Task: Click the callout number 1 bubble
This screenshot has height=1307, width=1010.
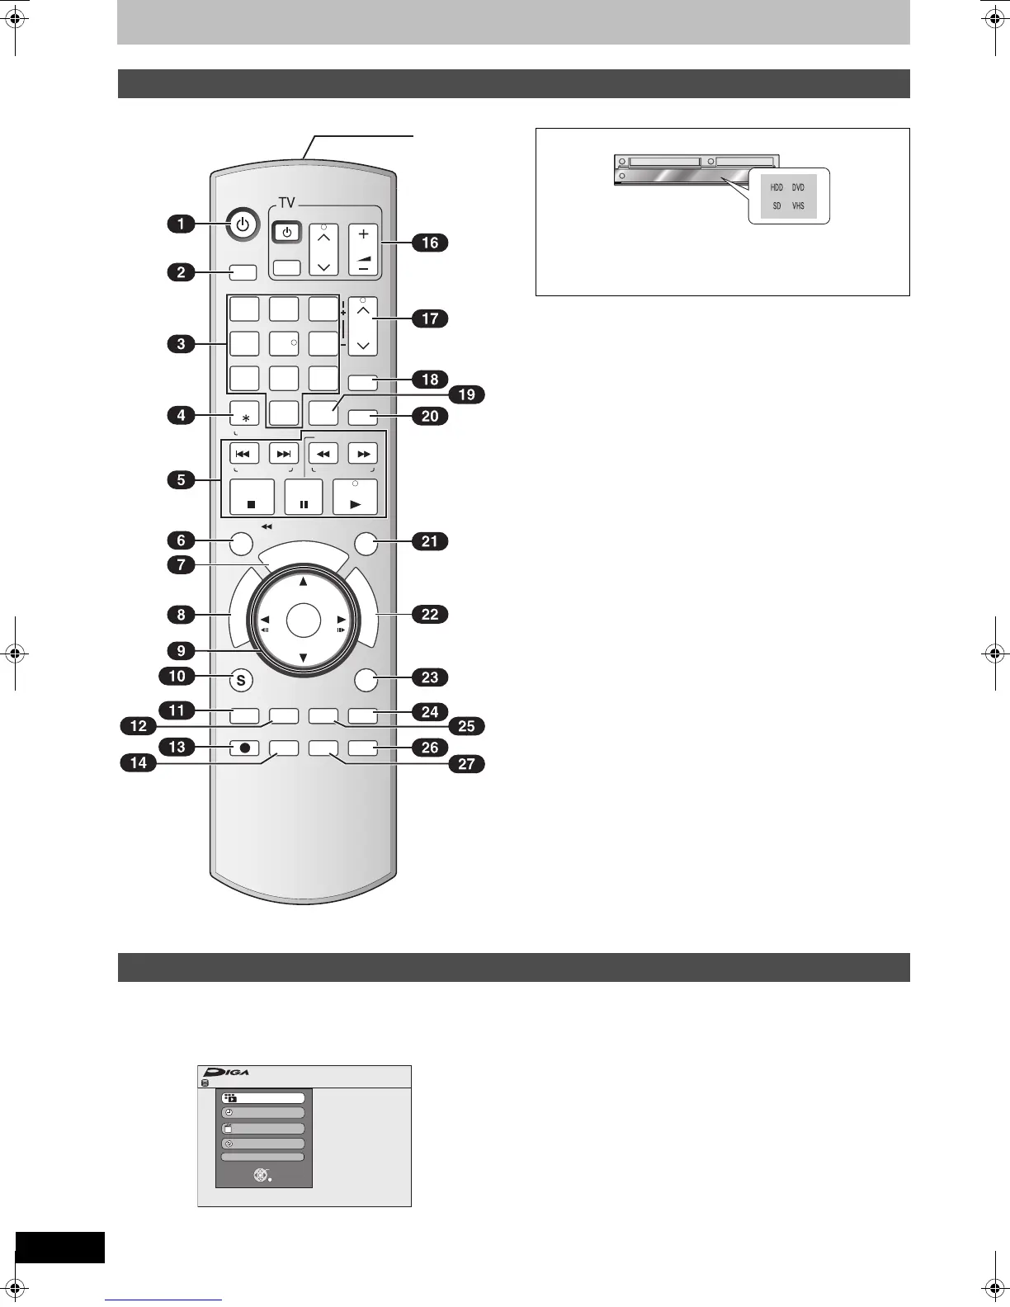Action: pyautogui.click(x=182, y=224)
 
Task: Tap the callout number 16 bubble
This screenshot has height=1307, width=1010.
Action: pyautogui.click(x=430, y=243)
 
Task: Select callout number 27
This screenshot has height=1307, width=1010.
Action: pyautogui.click(x=466, y=763)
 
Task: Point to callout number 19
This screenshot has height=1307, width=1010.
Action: pyautogui.click(x=466, y=394)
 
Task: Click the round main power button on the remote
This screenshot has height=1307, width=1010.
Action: pyautogui.click(x=242, y=224)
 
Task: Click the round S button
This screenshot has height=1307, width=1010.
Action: pyautogui.click(x=241, y=681)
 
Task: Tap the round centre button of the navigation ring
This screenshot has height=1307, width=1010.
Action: pyautogui.click(x=304, y=620)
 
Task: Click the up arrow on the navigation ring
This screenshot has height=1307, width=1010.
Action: pyautogui.click(x=304, y=582)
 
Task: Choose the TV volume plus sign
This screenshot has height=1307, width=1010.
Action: pyautogui.click(x=363, y=234)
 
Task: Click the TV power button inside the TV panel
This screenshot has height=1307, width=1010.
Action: pyautogui.click(x=286, y=233)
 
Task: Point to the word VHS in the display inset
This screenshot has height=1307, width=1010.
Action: pyautogui.click(x=798, y=206)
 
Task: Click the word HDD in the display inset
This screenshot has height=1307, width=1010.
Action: pyautogui.click(x=776, y=188)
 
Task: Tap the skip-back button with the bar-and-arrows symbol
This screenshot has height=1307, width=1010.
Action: pyautogui.click(x=244, y=453)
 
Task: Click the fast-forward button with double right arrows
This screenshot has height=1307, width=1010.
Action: pyautogui.click(x=363, y=453)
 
